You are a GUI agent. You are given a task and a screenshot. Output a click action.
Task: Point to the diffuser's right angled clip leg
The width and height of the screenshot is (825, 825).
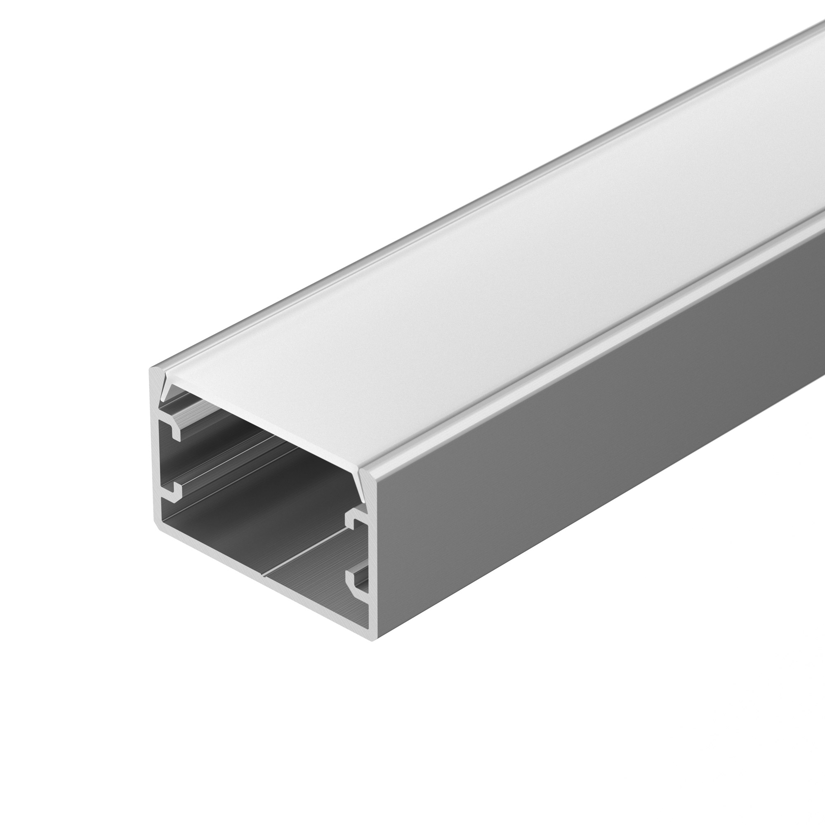[x=362, y=487]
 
